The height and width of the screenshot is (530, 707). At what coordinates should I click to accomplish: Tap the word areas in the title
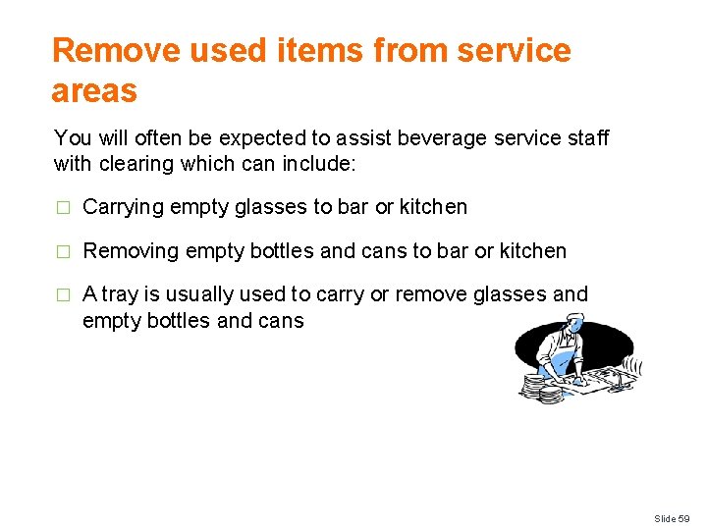(94, 91)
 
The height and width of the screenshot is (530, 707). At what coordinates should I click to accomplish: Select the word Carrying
(123, 208)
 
